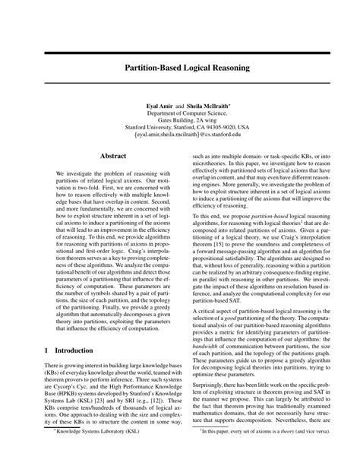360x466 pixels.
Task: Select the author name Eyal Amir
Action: [151, 104]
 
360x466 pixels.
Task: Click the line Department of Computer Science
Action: [179, 113]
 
